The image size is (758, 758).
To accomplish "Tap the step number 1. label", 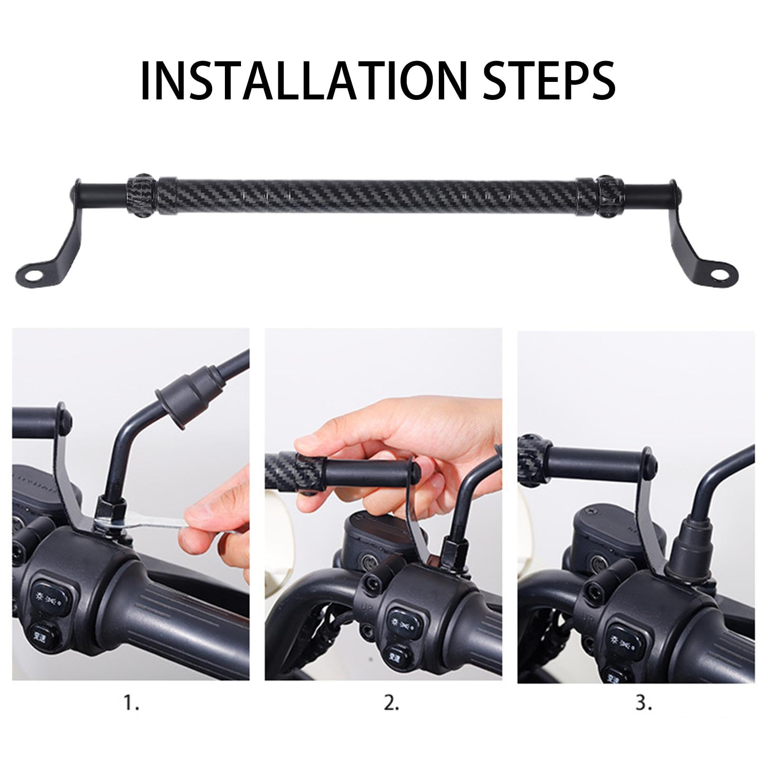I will click(x=132, y=704).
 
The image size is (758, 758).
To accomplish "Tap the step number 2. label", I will click(x=391, y=704).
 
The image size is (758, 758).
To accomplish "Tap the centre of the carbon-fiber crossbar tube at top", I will click(x=367, y=195).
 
